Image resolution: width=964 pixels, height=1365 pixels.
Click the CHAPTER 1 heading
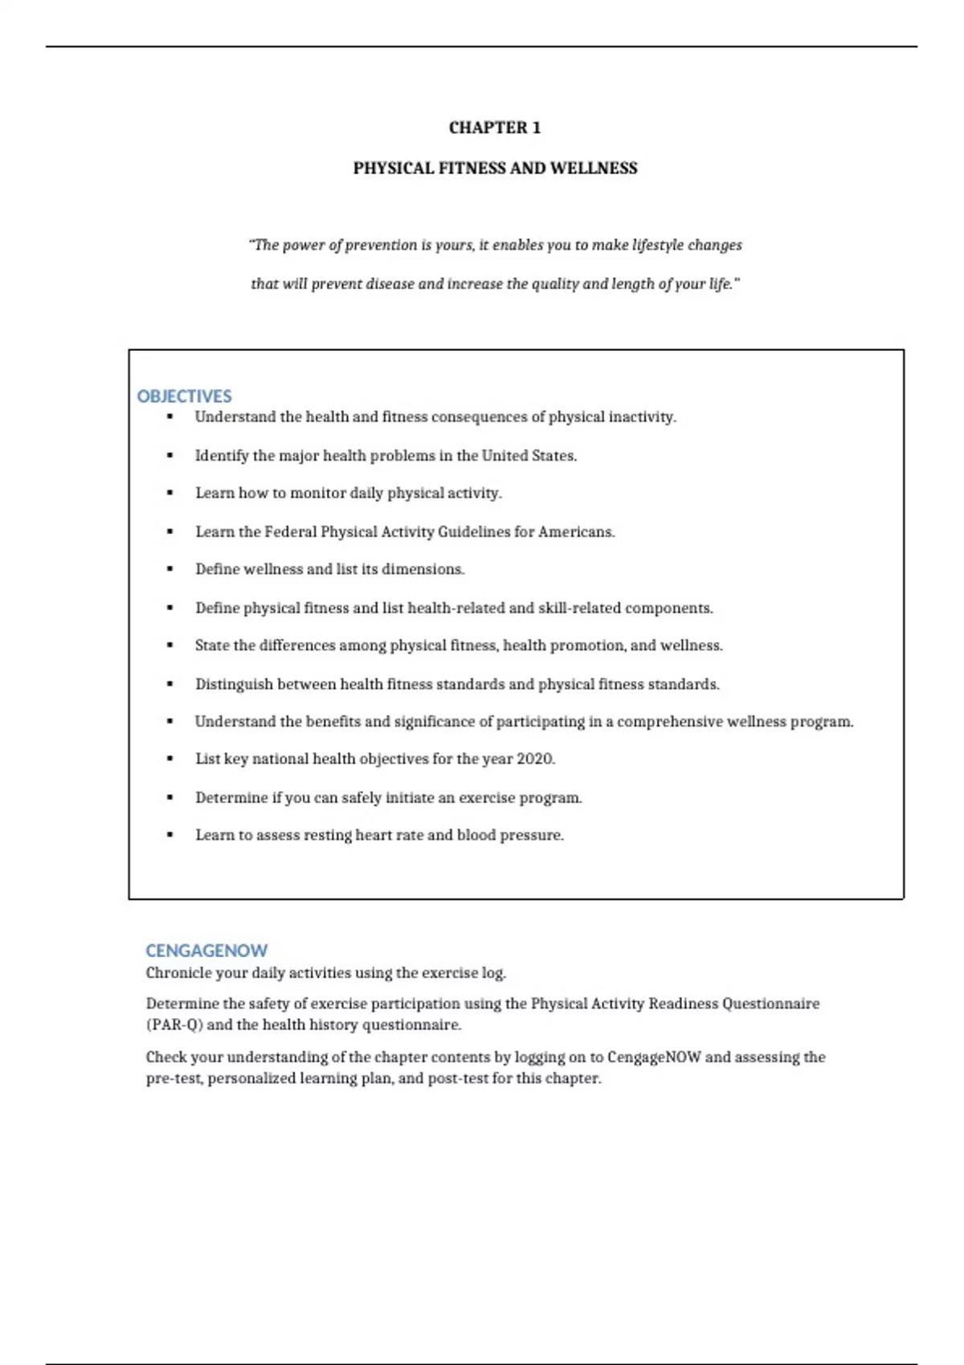pyautogui.click(x=494, y=128)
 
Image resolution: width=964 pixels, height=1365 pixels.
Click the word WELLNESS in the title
pyautogui.click(x=593, y=169)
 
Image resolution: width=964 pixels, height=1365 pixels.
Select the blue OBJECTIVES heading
pyautogui.click(x=184, y=396)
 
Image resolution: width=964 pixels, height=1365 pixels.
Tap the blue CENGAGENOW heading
pyautogui.click(x=206, y=951)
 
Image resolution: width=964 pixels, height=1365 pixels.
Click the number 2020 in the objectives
pyautogui.click(x=535, y=759)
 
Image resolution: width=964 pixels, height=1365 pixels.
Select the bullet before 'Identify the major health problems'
pyautogui.click(x=170, y=455)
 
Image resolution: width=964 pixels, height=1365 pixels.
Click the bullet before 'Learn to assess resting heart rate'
pyautogui.click(x=170, y=835)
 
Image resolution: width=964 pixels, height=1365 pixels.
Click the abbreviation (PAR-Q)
pyautogui.click(x=174, y=1025)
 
